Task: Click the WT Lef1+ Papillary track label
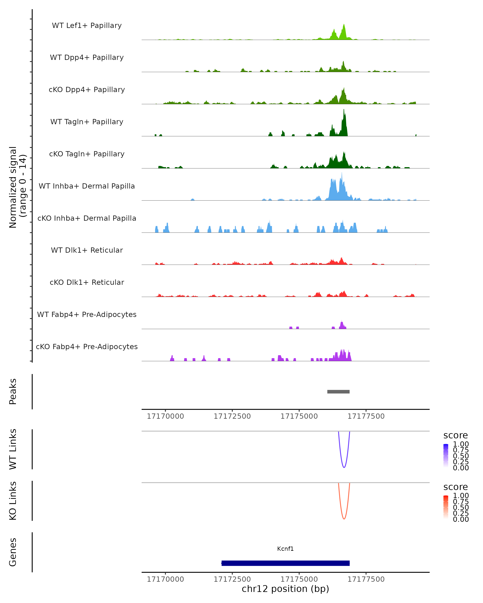[87, 26]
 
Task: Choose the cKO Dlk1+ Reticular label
[87, 282]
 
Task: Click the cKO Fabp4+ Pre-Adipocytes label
[87, 347]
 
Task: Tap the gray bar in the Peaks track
[338, 392]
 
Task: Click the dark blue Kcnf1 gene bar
[285, 563]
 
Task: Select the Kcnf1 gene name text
[285, 549]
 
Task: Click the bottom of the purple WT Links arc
[344, 467]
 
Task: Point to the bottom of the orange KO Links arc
[344, 519]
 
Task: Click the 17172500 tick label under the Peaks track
[232, 416]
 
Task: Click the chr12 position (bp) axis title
[285, 589]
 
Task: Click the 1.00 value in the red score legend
[461, 496]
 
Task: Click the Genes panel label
[13, 552]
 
